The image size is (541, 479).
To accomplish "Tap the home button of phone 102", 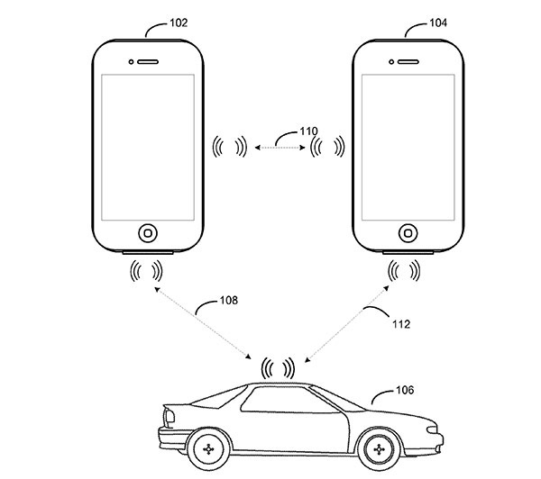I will click(147, 231).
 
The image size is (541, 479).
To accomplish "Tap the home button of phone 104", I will click(408, 231).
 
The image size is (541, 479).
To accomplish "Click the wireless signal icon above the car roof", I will click(278, 367).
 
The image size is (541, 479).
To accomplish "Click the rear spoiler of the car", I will click(168, 412).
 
